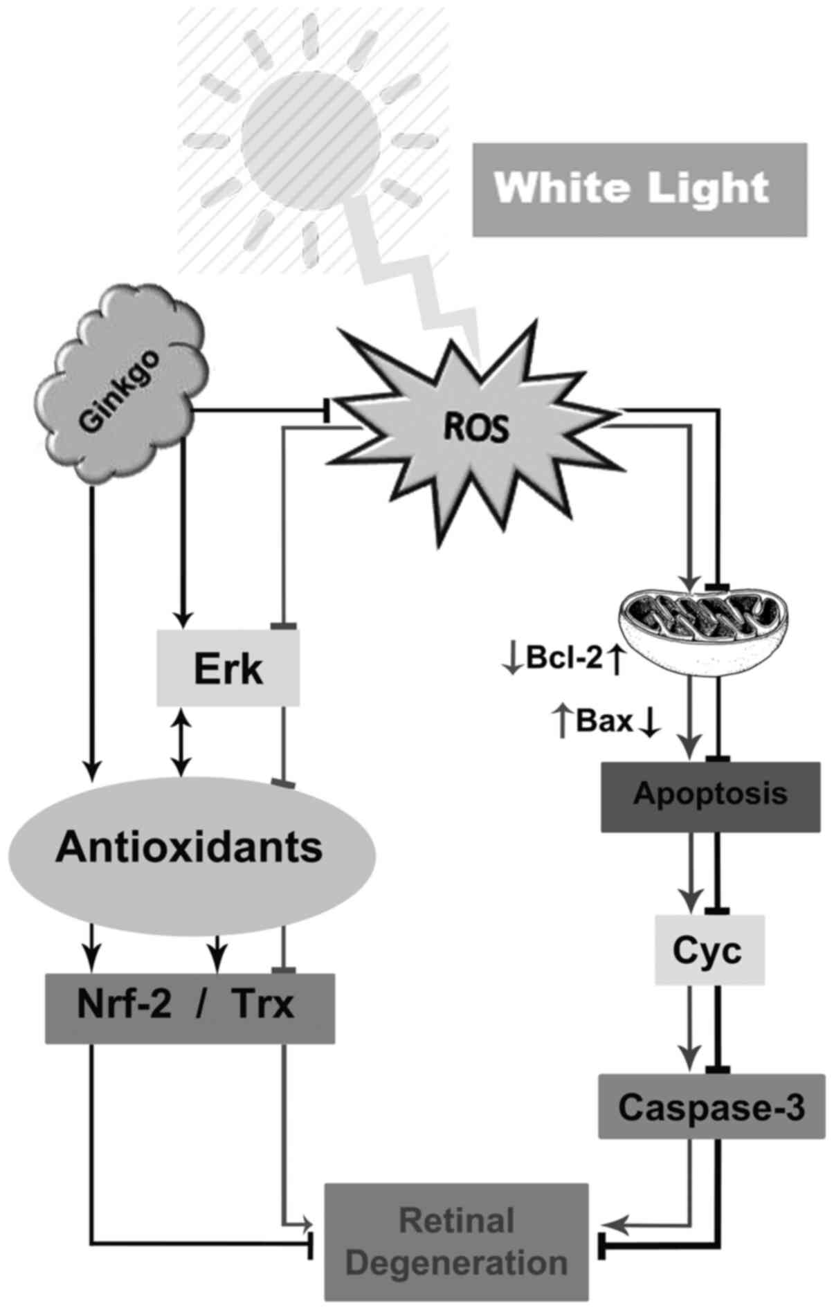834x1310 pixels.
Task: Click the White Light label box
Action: pos(639,189)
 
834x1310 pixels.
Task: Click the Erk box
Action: pos(228,668)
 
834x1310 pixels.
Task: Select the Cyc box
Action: pos(709,949)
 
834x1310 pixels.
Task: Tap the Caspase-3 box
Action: pos(711,1106)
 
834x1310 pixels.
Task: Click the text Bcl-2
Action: pos(565,659)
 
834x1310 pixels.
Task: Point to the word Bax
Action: pos(604,722)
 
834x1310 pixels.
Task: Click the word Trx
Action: pos(264,1005)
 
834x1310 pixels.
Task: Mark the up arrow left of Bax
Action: pos(562,722)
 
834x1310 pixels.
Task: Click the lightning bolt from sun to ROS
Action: pos(415,277)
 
